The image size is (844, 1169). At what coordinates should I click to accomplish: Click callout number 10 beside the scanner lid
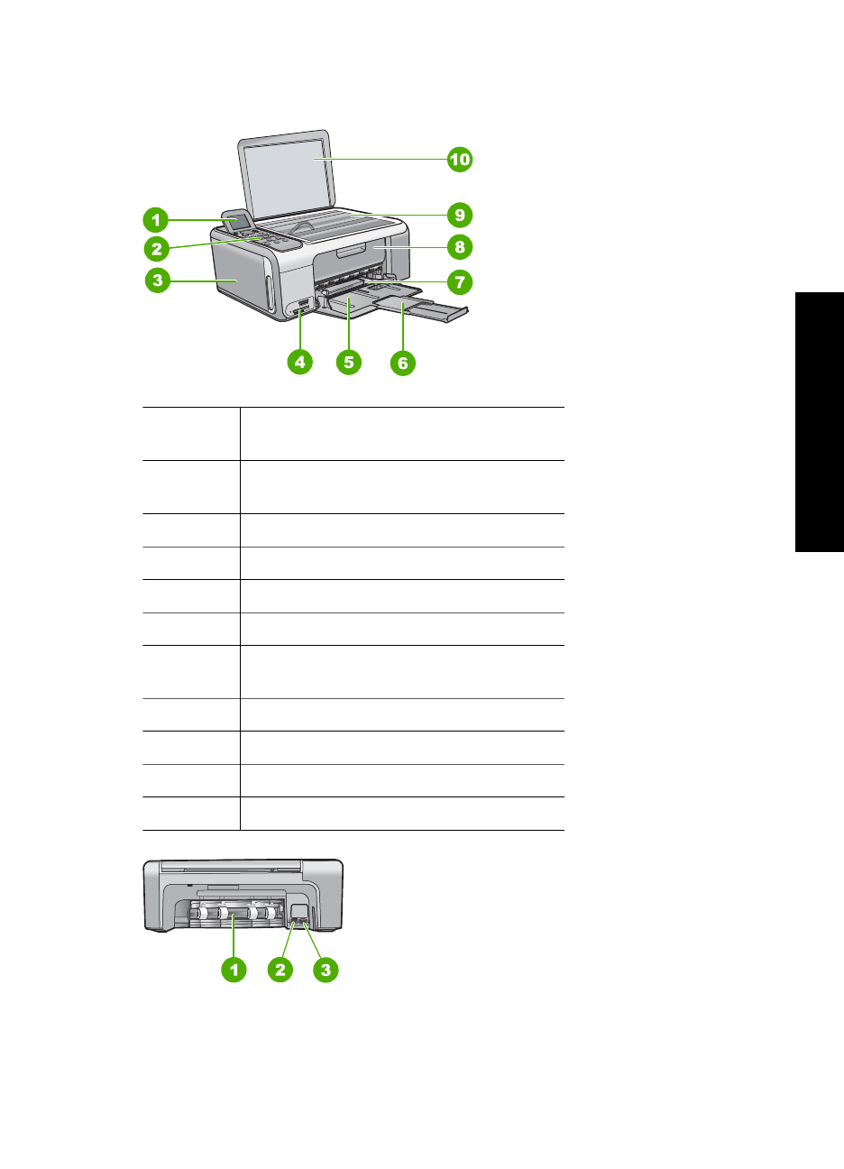[x=460, y=160]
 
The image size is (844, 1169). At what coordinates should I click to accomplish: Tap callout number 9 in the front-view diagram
[x=460, y=215]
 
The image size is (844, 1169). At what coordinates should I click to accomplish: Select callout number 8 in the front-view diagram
[x=460, y=246]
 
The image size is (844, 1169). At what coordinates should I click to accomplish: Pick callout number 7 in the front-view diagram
[x=460, y=282]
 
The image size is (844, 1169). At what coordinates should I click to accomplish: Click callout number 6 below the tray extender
[x=403, y=364]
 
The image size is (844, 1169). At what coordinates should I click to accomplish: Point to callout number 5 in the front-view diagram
[x=349, y=363]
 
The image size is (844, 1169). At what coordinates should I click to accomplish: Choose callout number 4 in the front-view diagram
[x=299, y=363]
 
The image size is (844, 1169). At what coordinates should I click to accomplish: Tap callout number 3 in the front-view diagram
[x=158, y=280]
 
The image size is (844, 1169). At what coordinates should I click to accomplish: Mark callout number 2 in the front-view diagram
[x=157, y=249]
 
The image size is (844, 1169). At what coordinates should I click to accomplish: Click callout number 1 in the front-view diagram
[x=156, y=219]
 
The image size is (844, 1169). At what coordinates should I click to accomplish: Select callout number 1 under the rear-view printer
[x=234, y=970]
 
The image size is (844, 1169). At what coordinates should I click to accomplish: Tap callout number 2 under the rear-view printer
[x=280, y=970]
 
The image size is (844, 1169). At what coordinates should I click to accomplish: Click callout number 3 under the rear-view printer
[x=326, y=970]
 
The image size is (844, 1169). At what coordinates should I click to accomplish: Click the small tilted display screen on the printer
[x=234, y=219]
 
